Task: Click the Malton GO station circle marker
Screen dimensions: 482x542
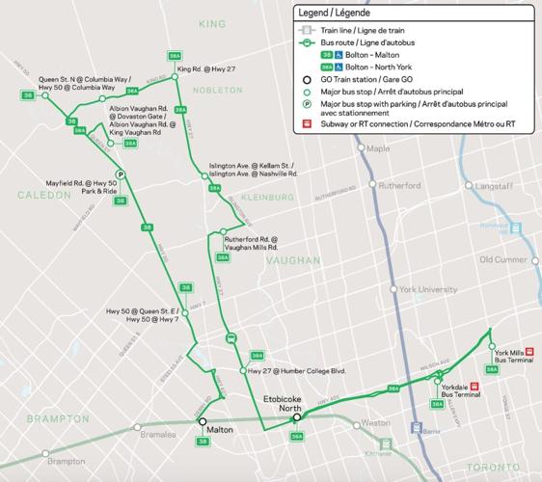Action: pyautogui.click(x=203, y=421)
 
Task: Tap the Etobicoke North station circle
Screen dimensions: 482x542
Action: pyautogui.click(x=297, y=417)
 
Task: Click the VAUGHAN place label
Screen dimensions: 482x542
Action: pyautogui.click(x=290, y=260)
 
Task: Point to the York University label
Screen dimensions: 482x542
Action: pyautogui.click(x=429, y=289)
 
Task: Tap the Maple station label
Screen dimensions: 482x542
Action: pyautogui.click(x=377, y=148)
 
